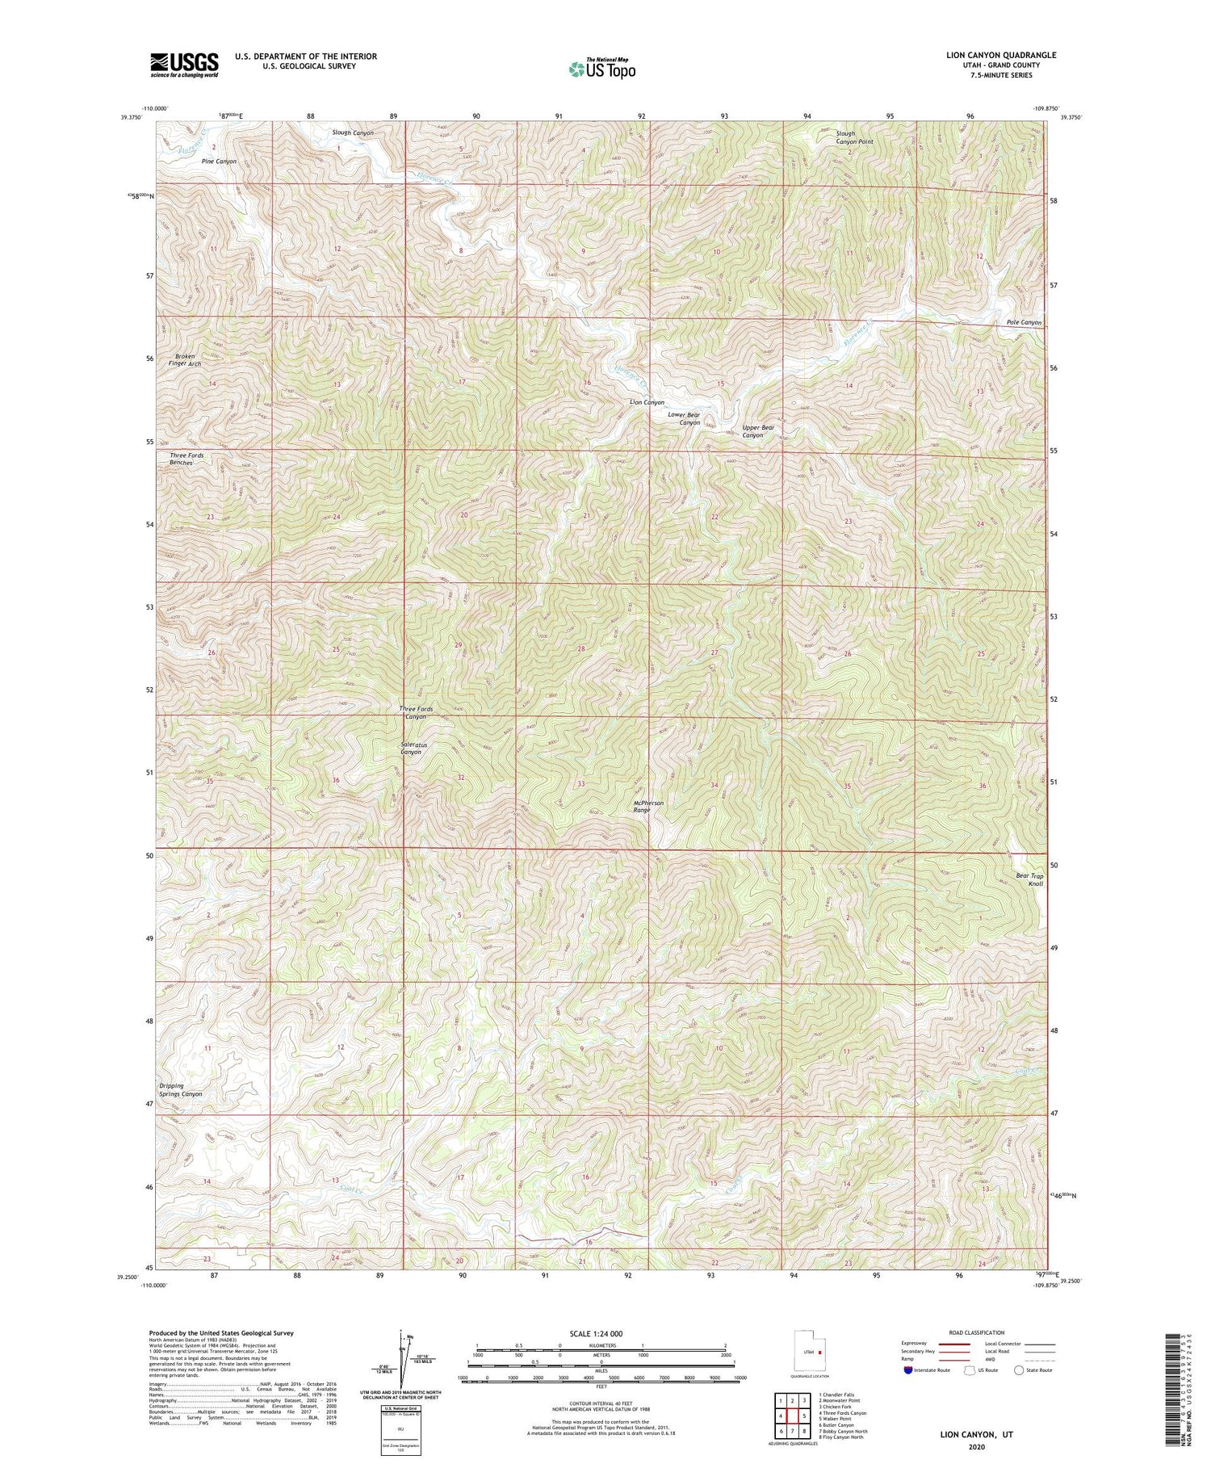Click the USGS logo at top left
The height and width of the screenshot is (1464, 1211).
[x=184, y=65]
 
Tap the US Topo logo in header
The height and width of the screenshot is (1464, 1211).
[x=601, y=69]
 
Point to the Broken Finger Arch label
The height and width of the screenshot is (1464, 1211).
[x=184, y=359]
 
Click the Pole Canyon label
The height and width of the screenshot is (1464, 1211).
[x=1024, y=322]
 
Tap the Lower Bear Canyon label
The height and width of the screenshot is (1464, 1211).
[x=685, y=418]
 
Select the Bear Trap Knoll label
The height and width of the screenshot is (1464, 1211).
[x=1029, y=879]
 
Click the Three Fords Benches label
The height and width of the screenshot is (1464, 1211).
[x=186, y=459]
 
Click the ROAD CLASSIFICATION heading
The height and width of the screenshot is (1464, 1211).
[x=977, y=1332]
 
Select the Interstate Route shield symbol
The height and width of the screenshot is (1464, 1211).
[x=910, y=1370]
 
